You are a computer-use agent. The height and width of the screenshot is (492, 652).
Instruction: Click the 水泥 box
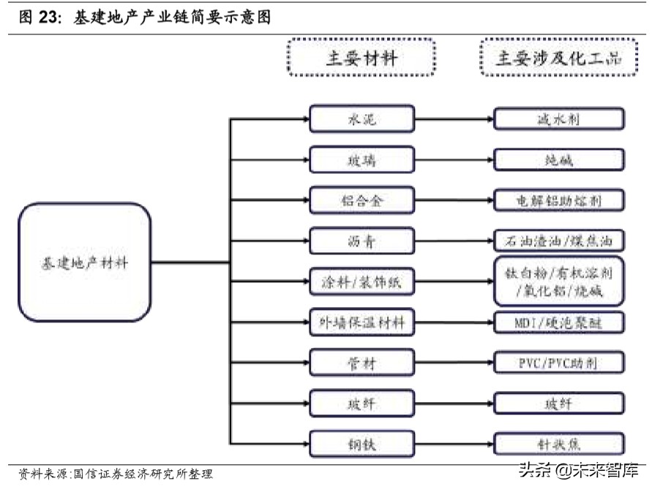[x=361, y=119]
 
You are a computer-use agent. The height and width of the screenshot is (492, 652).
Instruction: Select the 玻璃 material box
[x=361, y=159]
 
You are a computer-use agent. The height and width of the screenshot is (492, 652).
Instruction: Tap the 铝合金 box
[x=361, y=200]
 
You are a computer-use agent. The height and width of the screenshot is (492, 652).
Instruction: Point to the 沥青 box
[x=361, y=240]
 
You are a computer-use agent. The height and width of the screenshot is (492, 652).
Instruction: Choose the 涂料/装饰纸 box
[x=361, y=281]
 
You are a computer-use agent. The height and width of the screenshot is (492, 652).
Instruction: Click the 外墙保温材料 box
[x=361, y=321]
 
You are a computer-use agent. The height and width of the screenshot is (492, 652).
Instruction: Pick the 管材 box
[x=361, y=362]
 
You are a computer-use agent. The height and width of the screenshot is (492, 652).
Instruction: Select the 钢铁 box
[x=361, y=443]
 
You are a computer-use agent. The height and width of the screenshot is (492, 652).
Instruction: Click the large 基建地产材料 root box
[x=84, y=262]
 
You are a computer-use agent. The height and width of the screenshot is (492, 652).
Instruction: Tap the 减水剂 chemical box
[x=559, y=119]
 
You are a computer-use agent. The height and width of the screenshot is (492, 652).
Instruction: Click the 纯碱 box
[x=559, y=159]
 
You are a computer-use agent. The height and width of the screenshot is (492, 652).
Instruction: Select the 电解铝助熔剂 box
[x=559, y=200]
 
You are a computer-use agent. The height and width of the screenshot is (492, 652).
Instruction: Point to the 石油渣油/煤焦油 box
[x=559, y=240]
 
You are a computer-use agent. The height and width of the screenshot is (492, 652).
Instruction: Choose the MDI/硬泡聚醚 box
[x=559, y=321]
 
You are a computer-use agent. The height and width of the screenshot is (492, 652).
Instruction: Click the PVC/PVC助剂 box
[x=559, y=362]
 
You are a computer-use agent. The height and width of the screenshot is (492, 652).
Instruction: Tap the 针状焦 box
[x=559, y=443]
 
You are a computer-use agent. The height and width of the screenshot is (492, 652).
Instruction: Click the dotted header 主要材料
[x=361, y=58]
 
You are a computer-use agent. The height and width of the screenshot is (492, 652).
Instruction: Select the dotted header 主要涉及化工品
[x=559, y=58]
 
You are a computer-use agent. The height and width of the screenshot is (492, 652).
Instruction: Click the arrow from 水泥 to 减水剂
[x=454, y=119]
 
